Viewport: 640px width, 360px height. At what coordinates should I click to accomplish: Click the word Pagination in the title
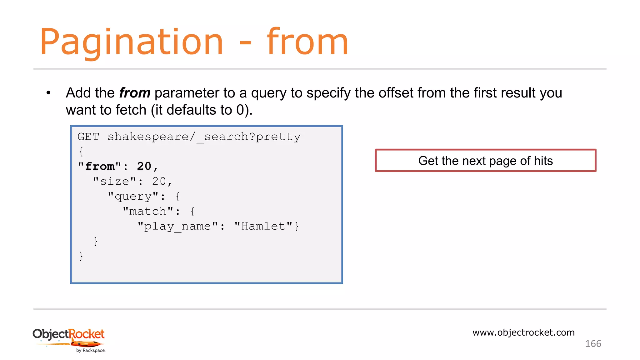131,42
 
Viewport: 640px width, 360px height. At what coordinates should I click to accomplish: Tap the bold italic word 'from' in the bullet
135,93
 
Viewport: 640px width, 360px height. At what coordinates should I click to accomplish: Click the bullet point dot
48,93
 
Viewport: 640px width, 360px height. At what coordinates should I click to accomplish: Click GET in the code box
88,137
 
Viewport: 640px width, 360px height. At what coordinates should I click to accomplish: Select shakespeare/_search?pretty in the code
204,137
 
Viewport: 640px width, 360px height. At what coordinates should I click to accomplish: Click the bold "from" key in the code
100,167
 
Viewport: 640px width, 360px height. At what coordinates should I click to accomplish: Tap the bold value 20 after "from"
144,167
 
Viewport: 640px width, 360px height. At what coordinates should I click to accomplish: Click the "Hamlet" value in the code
263,227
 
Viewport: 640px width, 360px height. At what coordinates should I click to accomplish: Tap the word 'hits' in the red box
543,161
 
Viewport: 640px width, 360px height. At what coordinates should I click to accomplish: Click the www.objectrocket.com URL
523,332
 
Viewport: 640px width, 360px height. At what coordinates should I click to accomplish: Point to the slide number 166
593,344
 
